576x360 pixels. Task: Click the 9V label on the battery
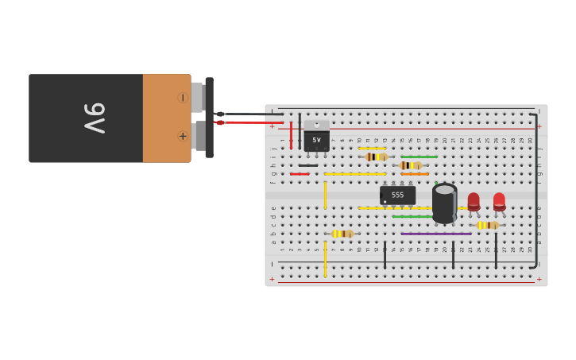click(x=94, y=118)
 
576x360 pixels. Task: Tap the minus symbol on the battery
click(x=183, y=98)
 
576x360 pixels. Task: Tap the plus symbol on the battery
click(x=183, y=136)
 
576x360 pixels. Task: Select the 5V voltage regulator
click(x=316, y=137)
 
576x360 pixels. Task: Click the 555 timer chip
click(x=397, y=195)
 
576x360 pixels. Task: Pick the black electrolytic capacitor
click(x=444, y=203)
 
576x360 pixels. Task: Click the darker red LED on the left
click(x=474, y=201)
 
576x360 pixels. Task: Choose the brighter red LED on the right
click(x=499, y=201)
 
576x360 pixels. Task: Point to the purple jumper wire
click(x=435, y=234)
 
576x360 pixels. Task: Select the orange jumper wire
click(x=415, y=174)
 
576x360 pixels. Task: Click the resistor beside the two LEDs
click(x=487, y=225)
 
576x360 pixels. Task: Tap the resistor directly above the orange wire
click(x=411, y=165)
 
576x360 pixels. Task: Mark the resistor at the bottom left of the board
click(x=342, y=234)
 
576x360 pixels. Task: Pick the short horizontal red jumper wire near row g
click(x=300, y=174)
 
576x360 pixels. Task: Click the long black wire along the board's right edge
click(x=536, y=191)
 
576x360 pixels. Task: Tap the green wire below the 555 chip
click(x=412, y=216)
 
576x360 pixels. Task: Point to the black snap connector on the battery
click(x=209, y=117)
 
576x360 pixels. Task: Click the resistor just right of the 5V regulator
click(x=375, y=157)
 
